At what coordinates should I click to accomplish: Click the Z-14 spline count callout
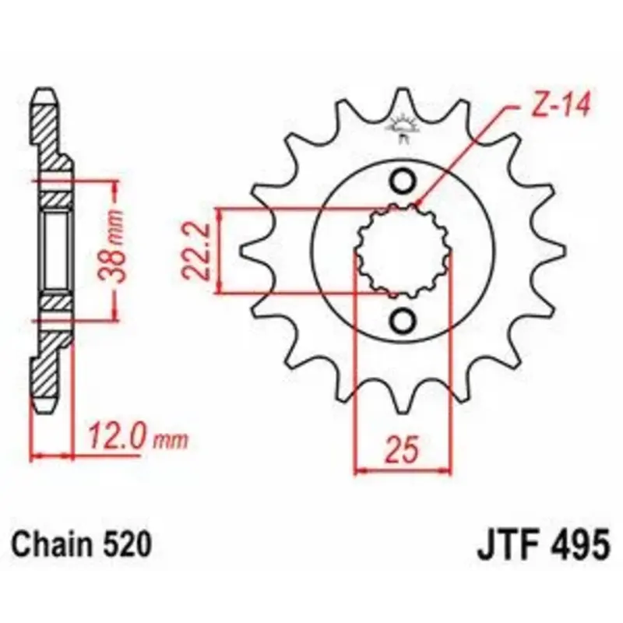coord(561,106)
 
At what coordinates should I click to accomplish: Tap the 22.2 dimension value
coord(196,252)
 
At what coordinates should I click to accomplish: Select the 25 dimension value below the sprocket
coord(403,450)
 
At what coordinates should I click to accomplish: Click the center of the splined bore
coord(403,251)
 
